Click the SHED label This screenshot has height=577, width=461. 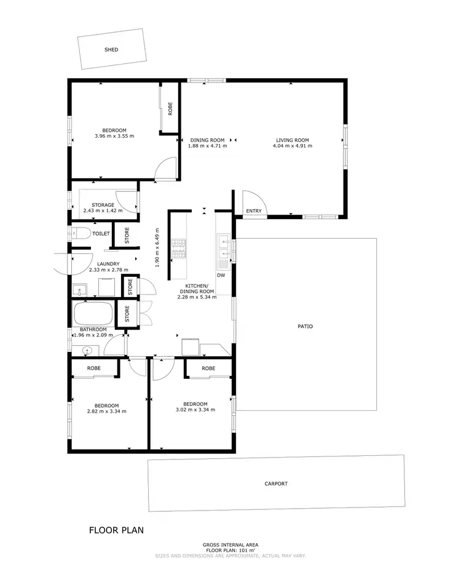pos(111,50)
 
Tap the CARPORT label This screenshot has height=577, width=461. pos(276,484)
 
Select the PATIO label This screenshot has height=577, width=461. pos(305,326)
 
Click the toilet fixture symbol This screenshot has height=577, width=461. pos(79,234)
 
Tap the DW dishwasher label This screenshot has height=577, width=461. pos(221,276)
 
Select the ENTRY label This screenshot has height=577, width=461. pos(254,211)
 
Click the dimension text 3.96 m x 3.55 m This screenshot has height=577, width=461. pos(114,136)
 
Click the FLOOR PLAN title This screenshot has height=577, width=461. pos(117,530)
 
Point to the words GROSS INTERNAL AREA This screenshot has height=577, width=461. pos(230,544)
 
